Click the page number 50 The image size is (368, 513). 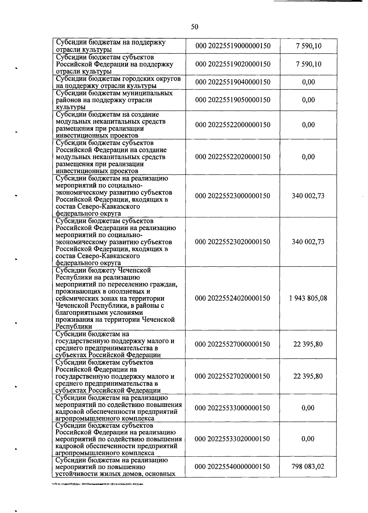tap(194, 27)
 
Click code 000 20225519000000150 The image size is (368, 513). tap(233, 46)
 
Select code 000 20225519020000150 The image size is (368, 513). tap(233, 64)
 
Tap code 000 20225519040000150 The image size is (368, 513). tap(233, 82)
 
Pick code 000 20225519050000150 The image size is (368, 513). tap(233, 100)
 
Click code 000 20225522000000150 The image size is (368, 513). tap(233, 125)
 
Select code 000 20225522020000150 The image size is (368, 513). tap(233, 157)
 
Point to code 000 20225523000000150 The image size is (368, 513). tap(233, 196)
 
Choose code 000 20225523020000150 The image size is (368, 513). tap(233, 242)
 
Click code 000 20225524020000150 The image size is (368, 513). tap(233, 298)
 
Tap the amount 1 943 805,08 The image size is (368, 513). tap(308, 298)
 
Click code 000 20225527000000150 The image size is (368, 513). tap(233, 344)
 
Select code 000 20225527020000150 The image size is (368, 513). tap(233, 376)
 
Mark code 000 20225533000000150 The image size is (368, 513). tap(233, 408)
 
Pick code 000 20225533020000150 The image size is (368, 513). tap(233, 439)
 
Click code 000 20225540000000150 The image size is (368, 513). tap(233, 467)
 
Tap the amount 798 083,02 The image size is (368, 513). tap(308, 467)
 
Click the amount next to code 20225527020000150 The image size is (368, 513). tap(308, 376)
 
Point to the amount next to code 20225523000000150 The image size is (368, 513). tap(308, 196)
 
